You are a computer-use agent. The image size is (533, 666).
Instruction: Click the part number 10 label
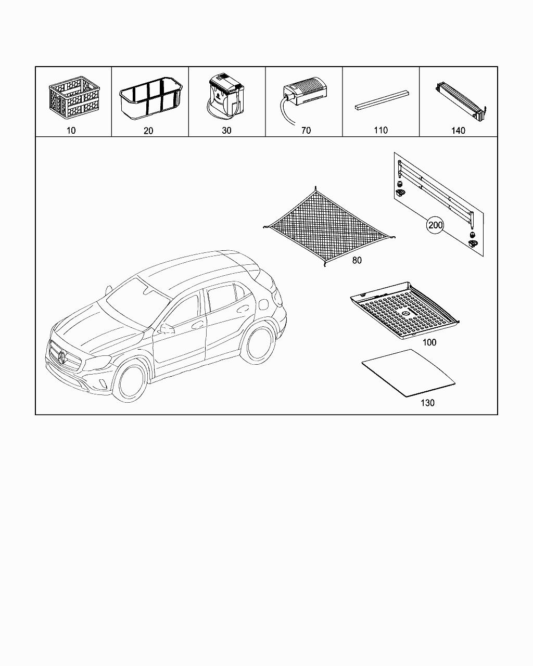pos(71,131)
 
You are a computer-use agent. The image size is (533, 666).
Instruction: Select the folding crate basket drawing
pos(74,98)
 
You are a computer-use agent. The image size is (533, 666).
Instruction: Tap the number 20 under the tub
pos(148,131)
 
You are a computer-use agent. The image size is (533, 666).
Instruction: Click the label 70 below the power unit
pos(306,131)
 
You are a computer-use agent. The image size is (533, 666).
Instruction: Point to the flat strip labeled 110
pos(382,100)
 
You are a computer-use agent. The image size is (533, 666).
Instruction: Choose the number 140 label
pos(458,131)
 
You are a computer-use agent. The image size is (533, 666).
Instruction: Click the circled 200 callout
pos(435,225)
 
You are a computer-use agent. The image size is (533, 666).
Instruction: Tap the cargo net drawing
pos(329,226)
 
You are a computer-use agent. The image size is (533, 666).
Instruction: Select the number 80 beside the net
pos(357,260)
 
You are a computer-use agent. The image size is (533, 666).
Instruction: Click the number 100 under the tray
pos(429,342)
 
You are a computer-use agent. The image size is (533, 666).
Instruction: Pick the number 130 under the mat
pos(427,403)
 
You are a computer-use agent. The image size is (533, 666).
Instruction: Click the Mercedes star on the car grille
pos(62,358)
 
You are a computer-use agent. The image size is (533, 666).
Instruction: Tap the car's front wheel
pos(130,382)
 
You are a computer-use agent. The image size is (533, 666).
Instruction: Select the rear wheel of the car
pos(259,342)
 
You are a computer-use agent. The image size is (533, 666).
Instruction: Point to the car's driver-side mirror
pos(167,329)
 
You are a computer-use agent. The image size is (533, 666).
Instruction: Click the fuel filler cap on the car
pos(264,304)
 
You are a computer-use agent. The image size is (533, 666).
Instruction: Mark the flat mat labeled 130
pos(408,373)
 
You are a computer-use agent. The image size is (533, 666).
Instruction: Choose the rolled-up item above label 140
pos(461,101)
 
